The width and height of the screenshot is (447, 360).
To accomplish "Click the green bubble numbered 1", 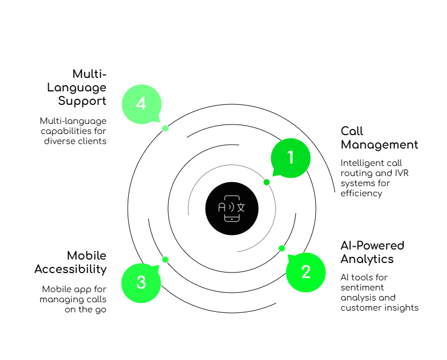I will [x=290, y=158].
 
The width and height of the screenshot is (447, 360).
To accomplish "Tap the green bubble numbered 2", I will [x=305, y=272].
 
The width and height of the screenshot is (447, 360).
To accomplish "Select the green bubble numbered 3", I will [x=141, y=282].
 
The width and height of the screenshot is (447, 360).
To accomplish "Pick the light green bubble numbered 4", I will [x=141, y=104].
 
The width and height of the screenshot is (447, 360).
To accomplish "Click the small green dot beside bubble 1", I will [x=267, y=182].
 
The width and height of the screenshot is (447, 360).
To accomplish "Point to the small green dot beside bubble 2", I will [x=282, y=248].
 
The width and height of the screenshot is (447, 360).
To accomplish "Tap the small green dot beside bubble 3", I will [x=165, y=260].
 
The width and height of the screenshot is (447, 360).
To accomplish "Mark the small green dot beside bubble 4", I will [x=165, y=128].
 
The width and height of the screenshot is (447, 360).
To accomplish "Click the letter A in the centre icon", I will [x=222, y=207].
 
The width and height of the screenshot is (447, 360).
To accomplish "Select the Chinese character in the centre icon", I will [x=241, y=207].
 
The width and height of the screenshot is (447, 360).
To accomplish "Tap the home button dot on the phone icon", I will [x=232, y=218].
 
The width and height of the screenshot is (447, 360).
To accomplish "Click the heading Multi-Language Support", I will [x=78, y=87].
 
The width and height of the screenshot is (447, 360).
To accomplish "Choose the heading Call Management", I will [x=378, y=137].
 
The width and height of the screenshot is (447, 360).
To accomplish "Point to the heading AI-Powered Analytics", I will [x=372, y=252].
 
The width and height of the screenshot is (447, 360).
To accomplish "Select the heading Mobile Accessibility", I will [x=71, y=262].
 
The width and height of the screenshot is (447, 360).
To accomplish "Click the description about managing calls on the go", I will [x=73, y=298].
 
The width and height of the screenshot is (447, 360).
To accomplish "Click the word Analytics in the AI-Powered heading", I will [x=367, y=259].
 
